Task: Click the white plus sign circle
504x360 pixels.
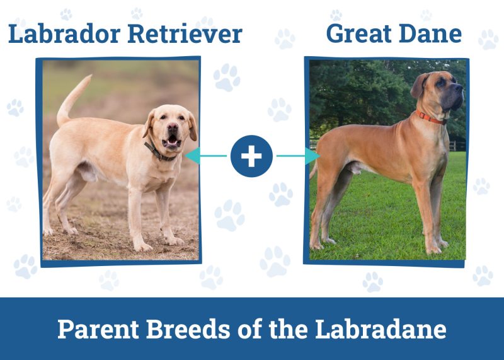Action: pos(251,155)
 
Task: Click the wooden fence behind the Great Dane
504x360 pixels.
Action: pos(458,146)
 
